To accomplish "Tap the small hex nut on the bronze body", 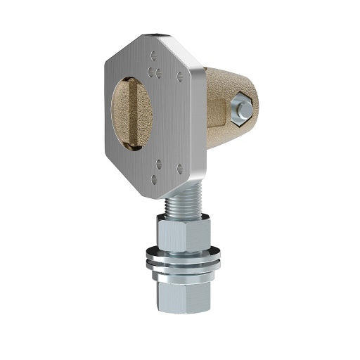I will pyautogui.click(x=242, y=108).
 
